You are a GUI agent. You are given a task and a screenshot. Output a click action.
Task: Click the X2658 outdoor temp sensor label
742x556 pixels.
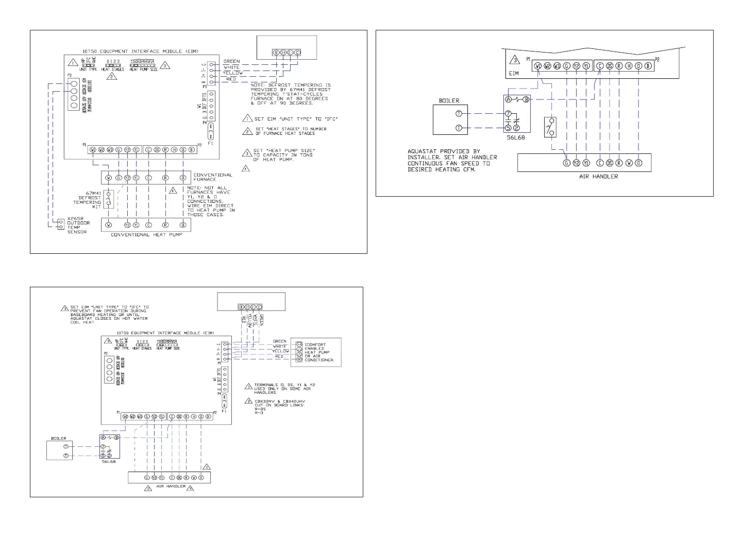tap(78, 225)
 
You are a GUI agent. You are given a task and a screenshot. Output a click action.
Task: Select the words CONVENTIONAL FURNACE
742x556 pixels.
tap(213, 177)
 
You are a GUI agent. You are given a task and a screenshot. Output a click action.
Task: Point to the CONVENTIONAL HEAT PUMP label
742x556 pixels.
tap(146, 235)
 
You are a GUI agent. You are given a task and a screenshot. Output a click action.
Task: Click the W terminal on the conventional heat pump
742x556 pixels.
tap(109, 225)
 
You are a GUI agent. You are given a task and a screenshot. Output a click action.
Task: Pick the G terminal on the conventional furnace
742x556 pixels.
tap(119, 178)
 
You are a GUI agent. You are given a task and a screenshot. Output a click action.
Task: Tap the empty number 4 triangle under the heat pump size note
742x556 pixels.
tap(246, 168)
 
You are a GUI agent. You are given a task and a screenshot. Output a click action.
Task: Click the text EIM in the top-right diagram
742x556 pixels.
tap(514, 74)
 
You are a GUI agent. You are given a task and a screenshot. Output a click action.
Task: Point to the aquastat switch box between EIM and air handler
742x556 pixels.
tap(550, 127)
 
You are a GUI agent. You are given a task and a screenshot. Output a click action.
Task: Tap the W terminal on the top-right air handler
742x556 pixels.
tap(629, 163)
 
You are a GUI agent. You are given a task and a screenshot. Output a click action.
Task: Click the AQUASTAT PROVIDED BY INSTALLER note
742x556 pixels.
tap(452, 161)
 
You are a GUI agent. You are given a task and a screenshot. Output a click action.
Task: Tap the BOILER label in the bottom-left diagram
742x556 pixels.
tap(58, 439)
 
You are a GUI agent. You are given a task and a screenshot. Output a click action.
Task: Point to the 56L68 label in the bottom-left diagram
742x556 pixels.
tap(109, 462)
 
